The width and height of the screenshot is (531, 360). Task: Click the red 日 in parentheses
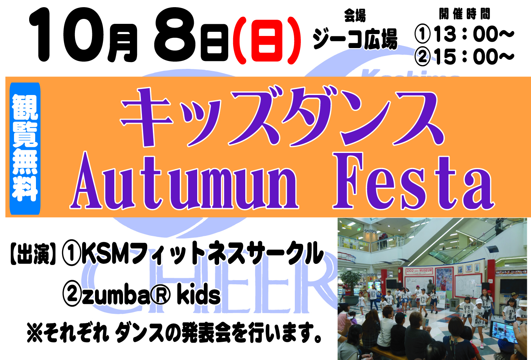(267, 41)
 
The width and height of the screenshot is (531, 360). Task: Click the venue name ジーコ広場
(355, 39)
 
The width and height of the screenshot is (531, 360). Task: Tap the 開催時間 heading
(464, 14)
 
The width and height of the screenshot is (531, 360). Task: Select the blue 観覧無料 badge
(25, 148)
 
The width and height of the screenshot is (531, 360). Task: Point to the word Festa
(413, 181)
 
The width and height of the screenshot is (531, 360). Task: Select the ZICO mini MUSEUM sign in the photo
(419, 271)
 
